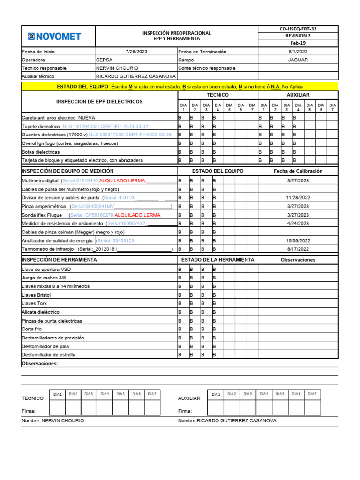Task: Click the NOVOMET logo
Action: click(x=54, y=36)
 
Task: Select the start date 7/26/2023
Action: click(x=136, y=52)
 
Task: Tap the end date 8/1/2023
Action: click(x=298, y=52)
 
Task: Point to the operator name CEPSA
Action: click(x=104, y=60)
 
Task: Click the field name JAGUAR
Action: click(x=298, y=60)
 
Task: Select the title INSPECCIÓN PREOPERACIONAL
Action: click(x=177, y=33)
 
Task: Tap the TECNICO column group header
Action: click(x=217, y=95)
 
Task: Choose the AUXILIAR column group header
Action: click(x=298, y=95)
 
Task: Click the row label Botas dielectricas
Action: click(x=41, y=152)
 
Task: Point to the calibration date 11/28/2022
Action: click(x=298, y=198)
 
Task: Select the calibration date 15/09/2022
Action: click(x=298, y=240)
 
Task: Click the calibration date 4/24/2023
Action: click(x=298, y=224)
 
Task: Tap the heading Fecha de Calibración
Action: click(x=298, y=171)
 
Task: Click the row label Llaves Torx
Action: click(x=35, y=303)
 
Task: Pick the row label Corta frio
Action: click(x=32, y=329)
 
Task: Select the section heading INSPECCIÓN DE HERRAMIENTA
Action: click(x=60, y=260)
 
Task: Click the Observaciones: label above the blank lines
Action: click(x=40, y=364)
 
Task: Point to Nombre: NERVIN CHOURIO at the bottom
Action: click(x=53, y=421)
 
